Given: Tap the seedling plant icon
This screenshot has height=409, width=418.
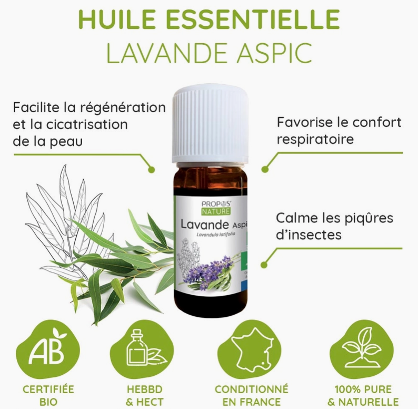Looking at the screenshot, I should click(x=361, y=348).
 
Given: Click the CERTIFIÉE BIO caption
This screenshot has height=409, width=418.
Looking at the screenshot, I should click(x=47, y=396).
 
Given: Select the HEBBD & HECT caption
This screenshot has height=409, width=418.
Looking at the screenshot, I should click(x=143, y=396).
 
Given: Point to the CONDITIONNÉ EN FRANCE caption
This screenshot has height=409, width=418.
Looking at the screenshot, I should click(x=252, y=396).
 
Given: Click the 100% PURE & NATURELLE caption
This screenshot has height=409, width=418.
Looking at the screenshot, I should click(x=363, y=396).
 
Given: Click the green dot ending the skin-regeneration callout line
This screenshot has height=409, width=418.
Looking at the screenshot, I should click(x=152, y=170).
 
